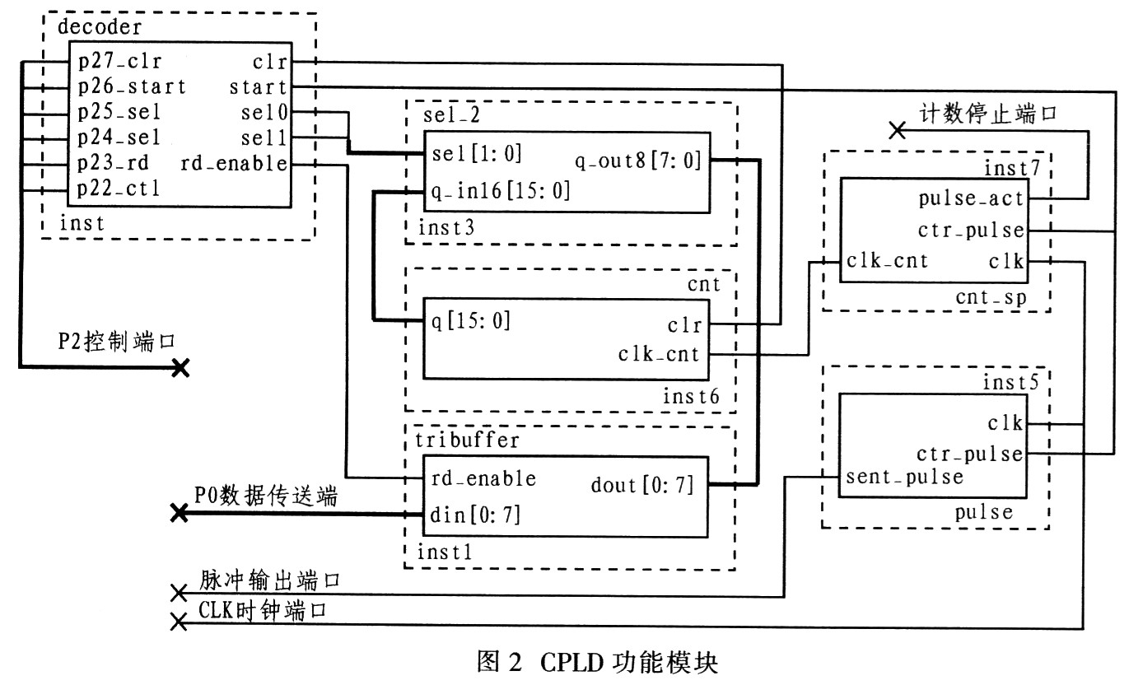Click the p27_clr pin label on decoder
[x=119, y=62]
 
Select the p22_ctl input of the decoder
[x=119, y=189]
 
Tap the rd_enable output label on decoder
[x=234, y=164]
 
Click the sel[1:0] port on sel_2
[x=477, y=155]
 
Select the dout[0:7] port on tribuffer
[x=643, y=486]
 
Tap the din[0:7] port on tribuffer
[x=476, y=515]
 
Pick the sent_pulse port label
[x=904, y=477]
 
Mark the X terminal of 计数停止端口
[x=898, y=129]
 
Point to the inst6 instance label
[x=691, y=398]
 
